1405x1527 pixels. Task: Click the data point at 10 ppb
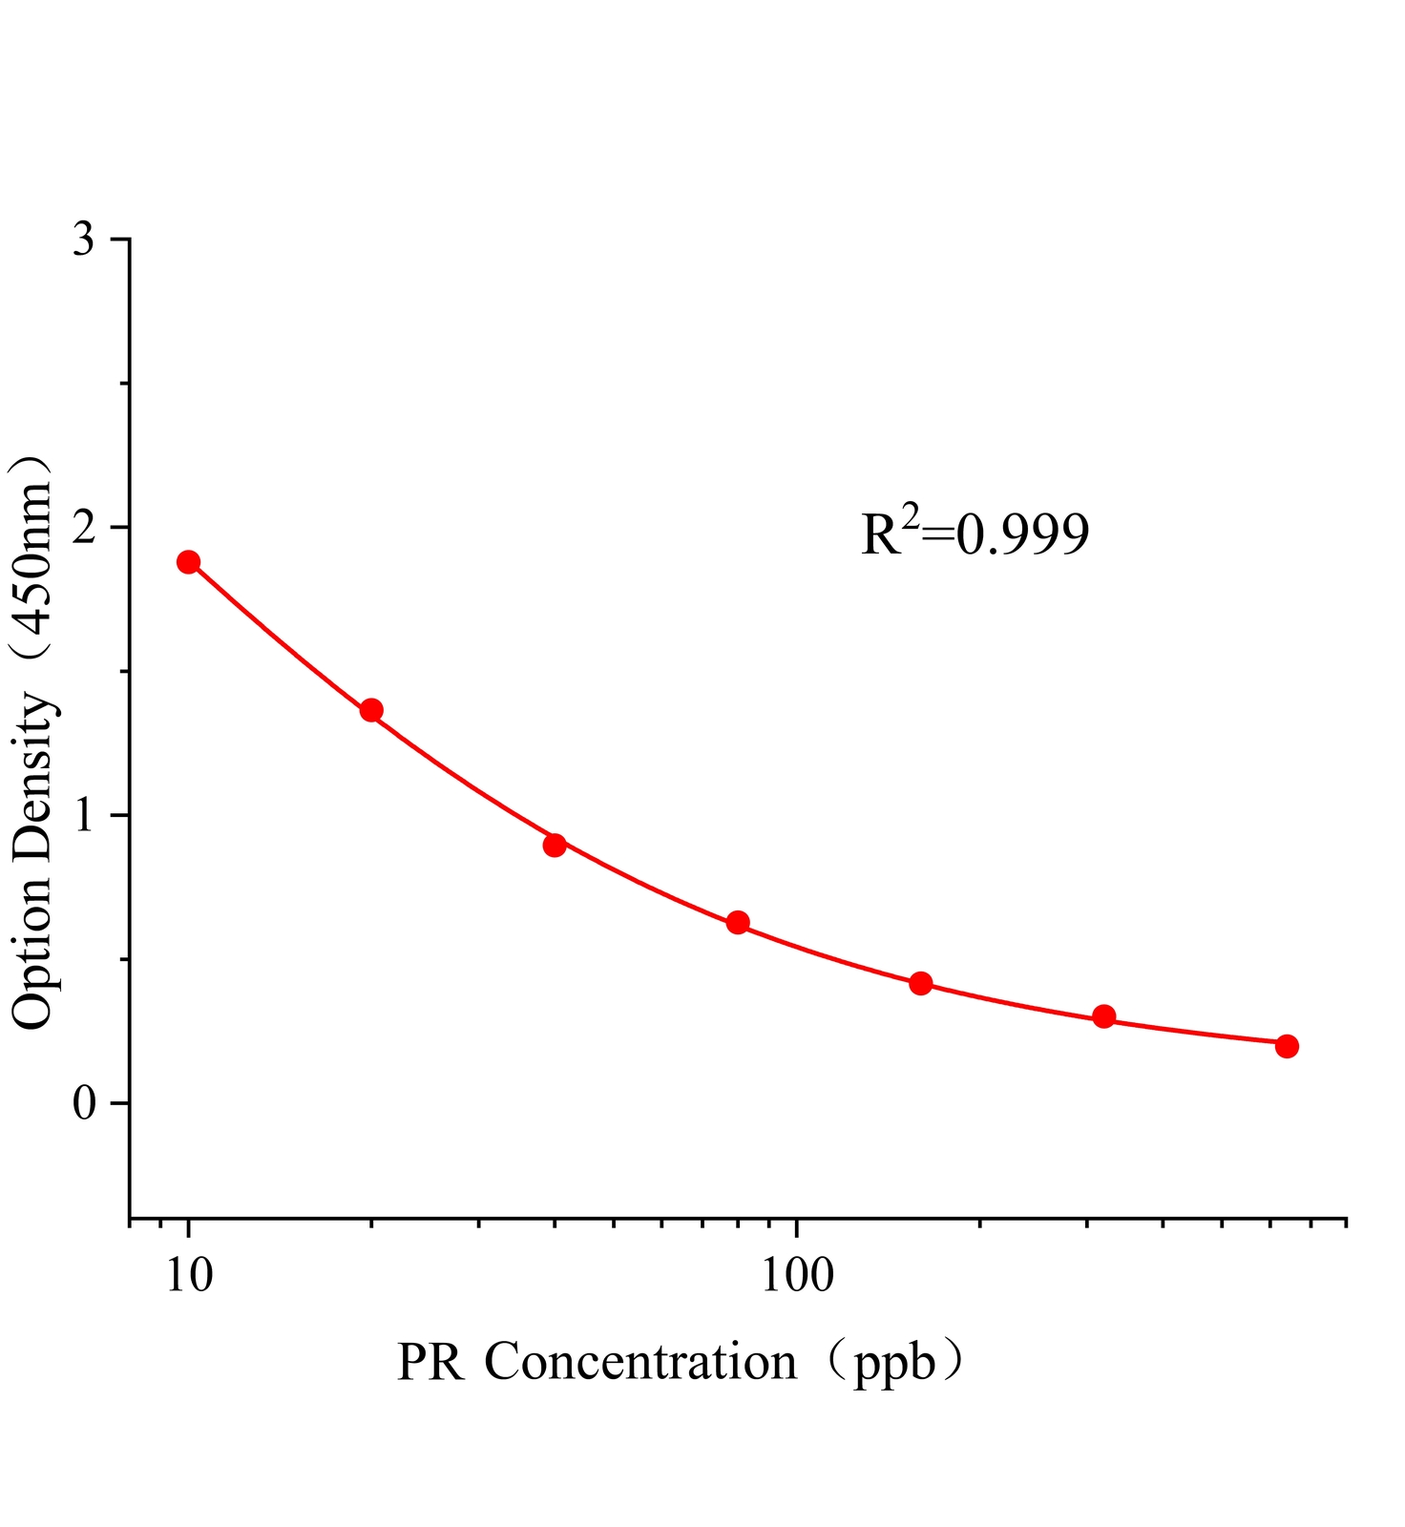pyautogui.click(x=188, y=562)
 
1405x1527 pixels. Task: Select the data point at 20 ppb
pyautogui.click(x=371, y=710)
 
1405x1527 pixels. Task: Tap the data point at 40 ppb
pyautogui.click(x=555, y=845)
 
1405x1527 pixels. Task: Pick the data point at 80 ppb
pyautogui.click(x=737, y=923)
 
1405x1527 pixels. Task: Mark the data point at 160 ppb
pyautogui.click(x=920, y=984)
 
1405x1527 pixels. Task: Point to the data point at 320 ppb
pyautogui.click(x=1103, y=1016)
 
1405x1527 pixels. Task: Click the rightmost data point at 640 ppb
pyautogui.click(x=1287, y=1046)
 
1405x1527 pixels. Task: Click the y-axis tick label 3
pyautogui.click(x=84, y=240)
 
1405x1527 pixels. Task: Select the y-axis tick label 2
pyautogui.click(x=84, y=528)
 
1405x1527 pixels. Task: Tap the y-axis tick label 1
pyautogui.click(x=84, y=816)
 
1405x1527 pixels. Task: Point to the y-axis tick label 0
pyautogui.click(x=84, y=1104)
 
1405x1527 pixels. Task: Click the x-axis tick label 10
pyautogui.click(x=189, y=1274)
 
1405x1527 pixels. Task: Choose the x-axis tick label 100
pyautogui.click(x=797, y=1274)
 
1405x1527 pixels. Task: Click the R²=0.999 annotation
pyautogui.click(x=975, y=534)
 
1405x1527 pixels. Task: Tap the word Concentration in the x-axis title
pyautogui.click(x=640, y=1361)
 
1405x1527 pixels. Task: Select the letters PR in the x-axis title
pyautogui.click(x=430, y=1363)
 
